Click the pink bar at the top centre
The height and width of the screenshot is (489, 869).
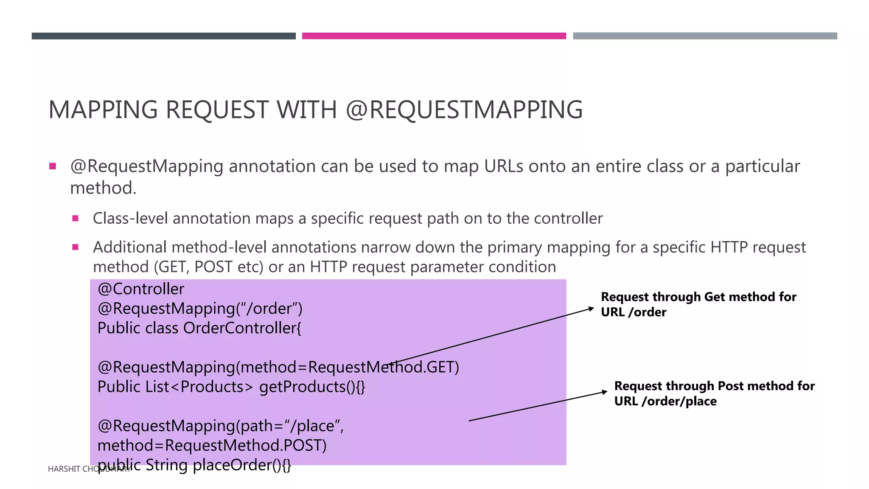(434, 36)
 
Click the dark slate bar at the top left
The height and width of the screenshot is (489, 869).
(163, 36)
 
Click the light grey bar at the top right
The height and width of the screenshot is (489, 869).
(705, 36)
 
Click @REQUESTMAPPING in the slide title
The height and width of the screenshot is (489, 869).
(464, 110)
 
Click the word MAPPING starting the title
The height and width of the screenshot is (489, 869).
(103, 110)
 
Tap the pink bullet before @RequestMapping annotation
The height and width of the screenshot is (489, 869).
(53, 166)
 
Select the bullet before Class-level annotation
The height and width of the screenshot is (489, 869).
(76, 219)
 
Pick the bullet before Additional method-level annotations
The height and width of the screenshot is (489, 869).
(76, 247)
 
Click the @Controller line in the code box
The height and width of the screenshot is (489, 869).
(141, 289)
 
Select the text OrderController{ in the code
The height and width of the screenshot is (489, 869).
(242, 328)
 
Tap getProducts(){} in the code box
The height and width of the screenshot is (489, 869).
(312, 387)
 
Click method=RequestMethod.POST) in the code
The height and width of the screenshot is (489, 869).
(212, 446)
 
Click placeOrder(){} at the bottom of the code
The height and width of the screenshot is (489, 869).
(242, 465)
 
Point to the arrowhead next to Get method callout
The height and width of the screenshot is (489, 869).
(591, 309)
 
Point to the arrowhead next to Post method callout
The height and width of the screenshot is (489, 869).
(605, 392)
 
